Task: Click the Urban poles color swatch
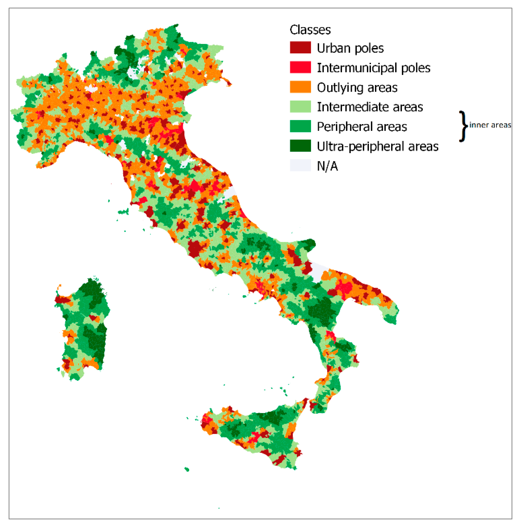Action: [x=300, y=47]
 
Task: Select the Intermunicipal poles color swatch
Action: [x=300, y=67]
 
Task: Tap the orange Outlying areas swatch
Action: [x=300, y=87]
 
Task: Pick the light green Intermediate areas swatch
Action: [x=300, y=106]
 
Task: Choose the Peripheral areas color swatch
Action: [x=300, y=126]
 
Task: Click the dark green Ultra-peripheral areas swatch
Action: [x=300, y=146]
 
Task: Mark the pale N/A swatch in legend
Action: [x=300, y=165]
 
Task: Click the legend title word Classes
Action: [x=310, y=30]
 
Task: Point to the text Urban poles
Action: [x=350, y=48]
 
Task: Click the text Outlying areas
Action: [x=357, y=88]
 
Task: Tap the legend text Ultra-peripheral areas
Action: [x=378, y=146]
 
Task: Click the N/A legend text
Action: [x=327, y=166]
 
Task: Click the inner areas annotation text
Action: [x=490, y=125]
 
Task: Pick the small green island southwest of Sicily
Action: [x=187, y=469]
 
